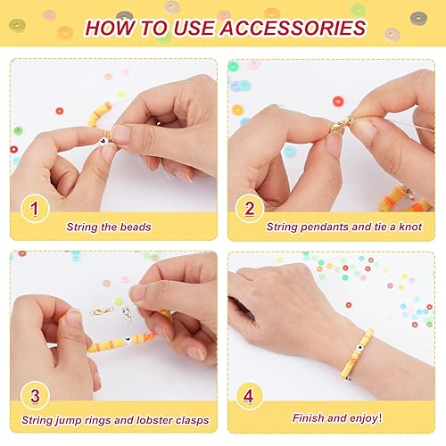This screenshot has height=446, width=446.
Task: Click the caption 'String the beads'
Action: tap(109, 227)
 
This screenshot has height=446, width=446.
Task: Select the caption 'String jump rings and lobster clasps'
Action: tap(137, 418)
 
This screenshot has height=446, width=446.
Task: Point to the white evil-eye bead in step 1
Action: tap(105, 140)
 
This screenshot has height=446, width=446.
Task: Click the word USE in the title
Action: tap(170, 28)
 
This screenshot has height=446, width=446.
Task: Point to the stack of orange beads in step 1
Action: tap(100, 114)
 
